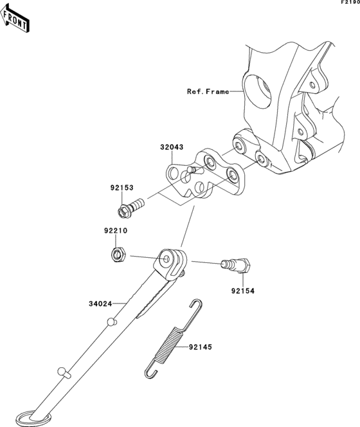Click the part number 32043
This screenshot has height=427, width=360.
[172, 147]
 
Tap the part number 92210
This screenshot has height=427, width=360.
[115, 230]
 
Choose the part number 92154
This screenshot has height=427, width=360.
[243, 291]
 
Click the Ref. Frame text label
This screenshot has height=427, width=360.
[208, 92]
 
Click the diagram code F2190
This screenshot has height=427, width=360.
[350, 3]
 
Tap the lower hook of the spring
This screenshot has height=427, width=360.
[150, 371]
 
